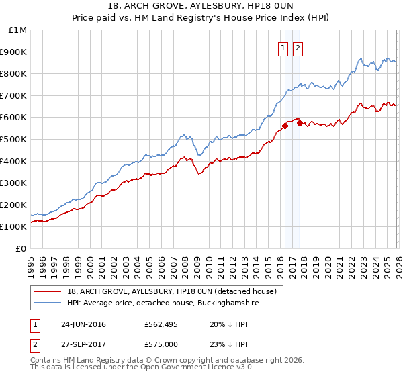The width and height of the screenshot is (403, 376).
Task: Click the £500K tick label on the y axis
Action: (x=13, y=139)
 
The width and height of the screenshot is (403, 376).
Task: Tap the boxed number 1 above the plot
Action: (x=283, y=48)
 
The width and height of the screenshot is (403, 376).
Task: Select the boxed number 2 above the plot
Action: (x=298, y=48)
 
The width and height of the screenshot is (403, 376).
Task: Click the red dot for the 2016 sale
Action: (x=285, y=125)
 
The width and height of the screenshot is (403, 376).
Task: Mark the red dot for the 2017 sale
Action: (x=300, y=122)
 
